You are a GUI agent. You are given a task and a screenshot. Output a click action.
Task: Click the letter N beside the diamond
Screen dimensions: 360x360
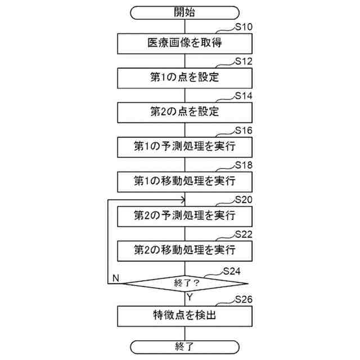click(115, 277)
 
